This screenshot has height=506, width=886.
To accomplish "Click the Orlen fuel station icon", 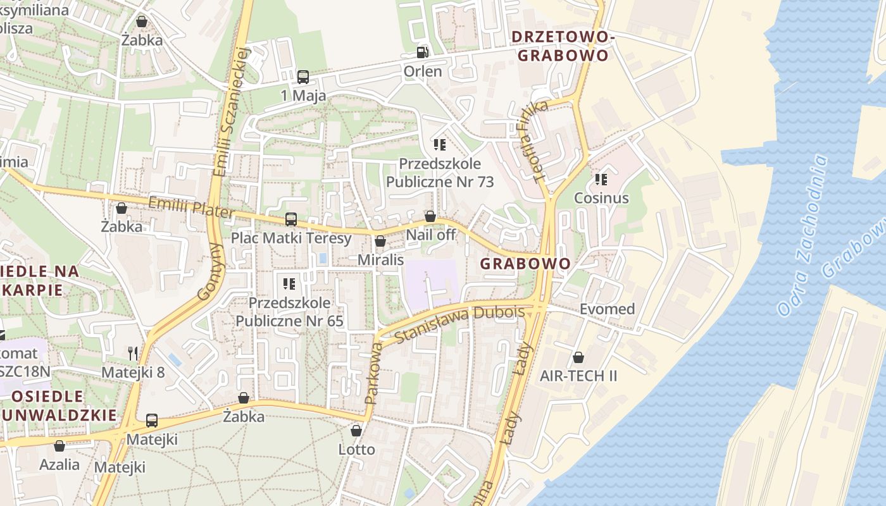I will point(422,52).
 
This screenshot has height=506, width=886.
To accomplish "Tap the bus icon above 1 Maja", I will point(303,77).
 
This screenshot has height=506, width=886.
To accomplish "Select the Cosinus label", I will point(601,198).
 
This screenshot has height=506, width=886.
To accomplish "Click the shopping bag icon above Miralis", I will point(380,241).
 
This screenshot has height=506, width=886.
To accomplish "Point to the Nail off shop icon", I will point(430,217).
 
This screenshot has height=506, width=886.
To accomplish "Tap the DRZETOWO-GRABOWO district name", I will point(563,46).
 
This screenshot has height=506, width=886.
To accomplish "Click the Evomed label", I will point(607,309).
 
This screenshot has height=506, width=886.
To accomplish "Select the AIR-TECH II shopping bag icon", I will point(578,357).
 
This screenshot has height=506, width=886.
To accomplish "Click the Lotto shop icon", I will point(356,431).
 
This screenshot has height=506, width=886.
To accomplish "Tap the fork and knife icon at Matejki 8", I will point(133,353).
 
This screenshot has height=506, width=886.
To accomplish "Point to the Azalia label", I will point(59,465).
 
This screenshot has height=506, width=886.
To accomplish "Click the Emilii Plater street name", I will point(191,207).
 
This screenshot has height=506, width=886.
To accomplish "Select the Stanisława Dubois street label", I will point(460,323).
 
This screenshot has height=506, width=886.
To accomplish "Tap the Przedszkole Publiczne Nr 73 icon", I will point(440,145).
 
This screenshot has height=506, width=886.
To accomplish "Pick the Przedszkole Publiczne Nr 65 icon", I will point(289,283).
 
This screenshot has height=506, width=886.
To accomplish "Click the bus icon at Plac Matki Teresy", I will point(291,219).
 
